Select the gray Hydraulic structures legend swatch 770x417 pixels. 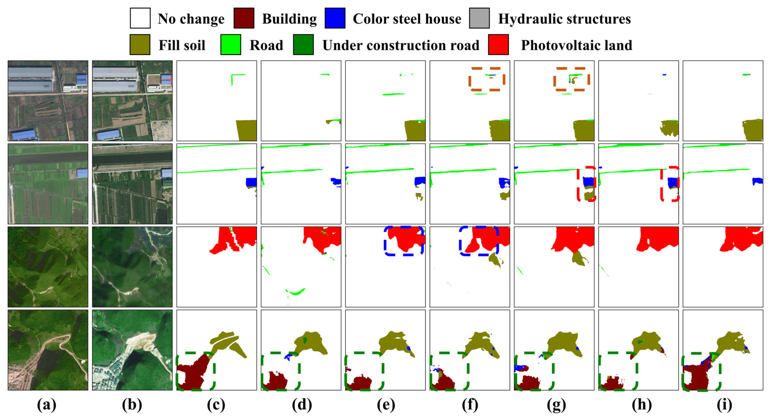(x=479, y=18)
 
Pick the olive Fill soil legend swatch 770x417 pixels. (x=140, y=45)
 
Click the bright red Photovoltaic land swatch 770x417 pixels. (x=498, y=45)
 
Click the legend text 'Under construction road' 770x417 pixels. (x=401, y=45)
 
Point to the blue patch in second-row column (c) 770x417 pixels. (x=251, y=182)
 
